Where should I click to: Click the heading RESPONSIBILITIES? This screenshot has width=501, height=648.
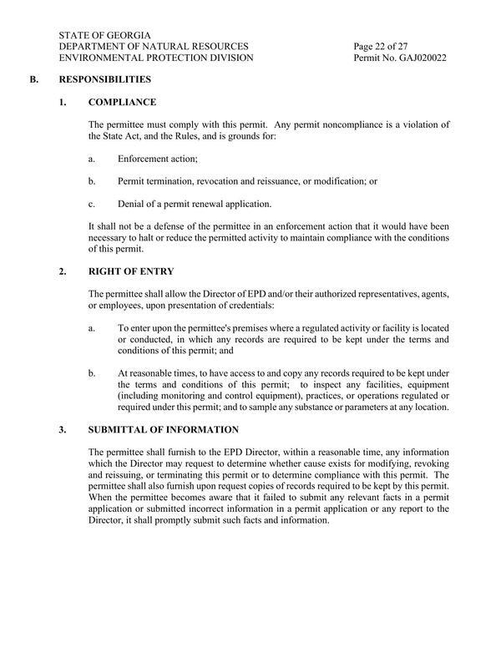pyautogui.click(x=104, y=81)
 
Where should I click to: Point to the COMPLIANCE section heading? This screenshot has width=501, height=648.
pyautogui.click(x=122, y=103)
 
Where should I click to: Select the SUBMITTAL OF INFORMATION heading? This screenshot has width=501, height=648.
pyautogui.click(x=163, y=430)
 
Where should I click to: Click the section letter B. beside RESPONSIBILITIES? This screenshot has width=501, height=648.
pyautogui.click(x=34, y=81)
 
